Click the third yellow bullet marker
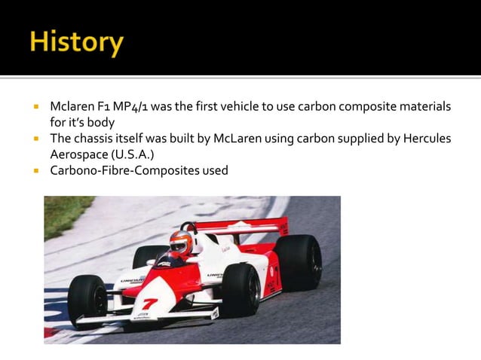[35, 171]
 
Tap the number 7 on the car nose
[150, 304]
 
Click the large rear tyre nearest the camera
[240, 290]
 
